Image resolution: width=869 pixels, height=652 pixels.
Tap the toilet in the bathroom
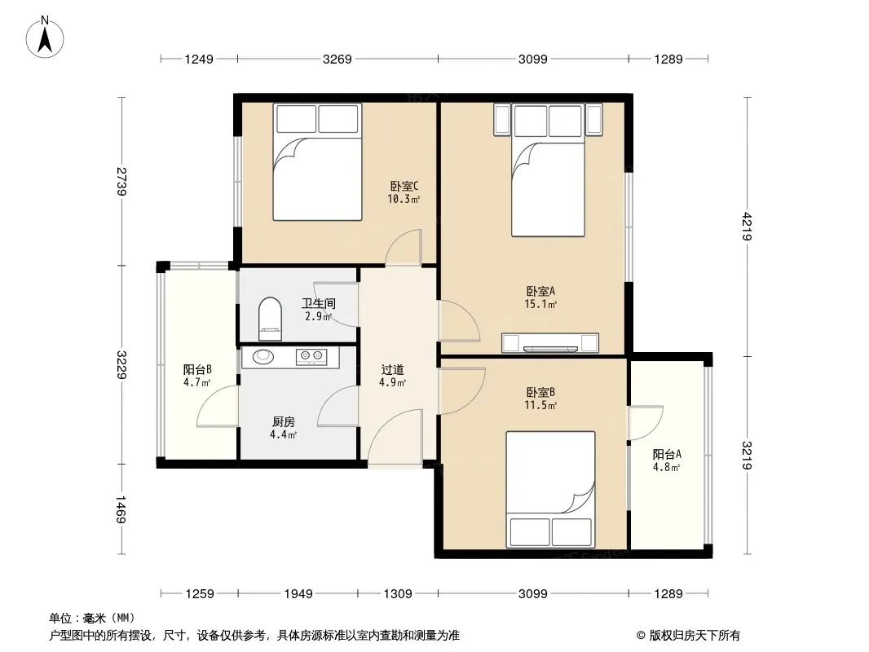tap(270, 319)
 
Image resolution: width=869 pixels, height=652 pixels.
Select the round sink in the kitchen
tap(263, 356)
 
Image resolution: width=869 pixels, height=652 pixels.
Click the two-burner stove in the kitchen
tap(311, 357)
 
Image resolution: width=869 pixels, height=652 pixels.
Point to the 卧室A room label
tap(540, 291)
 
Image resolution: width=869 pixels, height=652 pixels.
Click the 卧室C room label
tap(404, 186)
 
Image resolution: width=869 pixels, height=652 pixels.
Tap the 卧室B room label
tap(540, 392)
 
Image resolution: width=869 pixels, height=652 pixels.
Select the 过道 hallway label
tap(392, 369)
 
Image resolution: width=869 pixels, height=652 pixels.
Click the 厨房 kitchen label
tap(283, 422)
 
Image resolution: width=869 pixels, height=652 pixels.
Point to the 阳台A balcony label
tap(667, 454)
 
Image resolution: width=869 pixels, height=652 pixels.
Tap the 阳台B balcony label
tap(197, 369)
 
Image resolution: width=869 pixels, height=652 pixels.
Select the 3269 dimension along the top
tap(337, 59)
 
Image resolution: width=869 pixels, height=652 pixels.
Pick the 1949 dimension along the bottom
tap(298, 594)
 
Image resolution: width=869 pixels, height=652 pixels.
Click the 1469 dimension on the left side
tap(121, 509)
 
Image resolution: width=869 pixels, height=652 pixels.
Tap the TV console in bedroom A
tap(549, 343)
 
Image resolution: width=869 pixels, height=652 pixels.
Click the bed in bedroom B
tap(550, 490)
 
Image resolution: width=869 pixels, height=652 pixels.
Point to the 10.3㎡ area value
tap(404, 200)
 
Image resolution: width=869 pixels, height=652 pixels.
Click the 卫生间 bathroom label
tap(319, 303)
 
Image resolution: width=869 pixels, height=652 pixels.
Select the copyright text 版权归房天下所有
tap(695, 636)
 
